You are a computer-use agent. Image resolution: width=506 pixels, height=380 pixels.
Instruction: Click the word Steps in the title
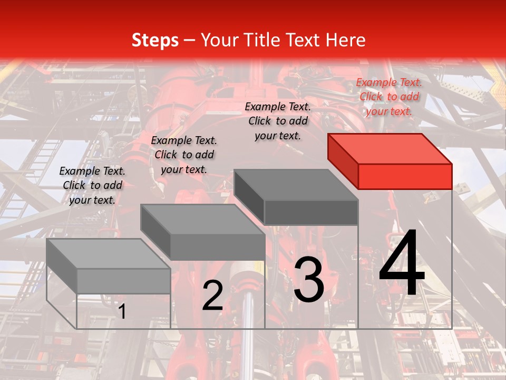click(x=155, y=40)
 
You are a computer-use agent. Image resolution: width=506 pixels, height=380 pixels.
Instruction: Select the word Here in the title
click(x=346, y=40)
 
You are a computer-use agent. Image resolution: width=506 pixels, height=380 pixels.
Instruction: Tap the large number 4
click(x=402, y=264)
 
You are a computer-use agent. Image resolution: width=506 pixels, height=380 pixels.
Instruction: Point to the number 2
click(x=212, y=296)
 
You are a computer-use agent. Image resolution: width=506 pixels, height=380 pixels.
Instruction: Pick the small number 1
click(x=122, y=311)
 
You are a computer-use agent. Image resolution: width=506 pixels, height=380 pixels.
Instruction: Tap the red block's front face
click(x=405, y=176)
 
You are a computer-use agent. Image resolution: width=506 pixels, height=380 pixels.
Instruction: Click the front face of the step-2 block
click(x=217, y=247)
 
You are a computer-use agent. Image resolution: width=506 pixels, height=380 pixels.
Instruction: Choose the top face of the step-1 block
click(x=109, y=253)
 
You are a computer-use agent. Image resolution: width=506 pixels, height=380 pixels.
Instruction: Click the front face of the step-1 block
click(x=123, y=281)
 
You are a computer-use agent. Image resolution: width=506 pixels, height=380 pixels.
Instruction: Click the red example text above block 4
click(x=389, y=97)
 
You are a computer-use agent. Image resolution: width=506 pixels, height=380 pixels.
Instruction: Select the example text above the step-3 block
click(x=278, y=121)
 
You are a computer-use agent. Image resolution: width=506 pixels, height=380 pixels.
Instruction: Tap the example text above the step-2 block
click(x=184, y=155)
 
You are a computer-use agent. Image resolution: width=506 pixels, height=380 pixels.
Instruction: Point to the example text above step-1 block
click(x=92, y=185)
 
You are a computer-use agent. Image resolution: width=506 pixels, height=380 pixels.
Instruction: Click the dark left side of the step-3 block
click(x=249, y=196)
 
